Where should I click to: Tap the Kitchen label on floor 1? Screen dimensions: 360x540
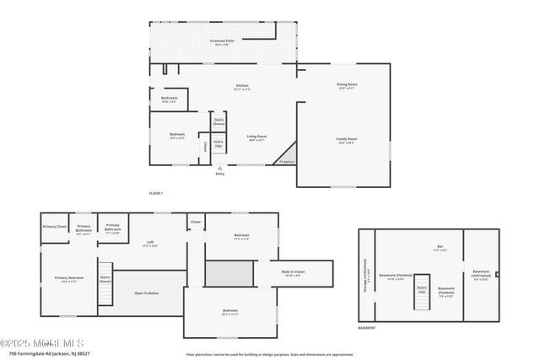[242, 87]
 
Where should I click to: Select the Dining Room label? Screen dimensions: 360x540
[347, 85]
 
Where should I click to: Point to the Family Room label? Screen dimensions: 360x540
[347, 140]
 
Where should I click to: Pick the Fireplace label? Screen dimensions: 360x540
[288, 161]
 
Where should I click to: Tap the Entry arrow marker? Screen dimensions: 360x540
[220, 169]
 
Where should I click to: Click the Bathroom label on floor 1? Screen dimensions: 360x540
[169, 99]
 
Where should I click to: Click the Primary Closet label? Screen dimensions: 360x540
[55, 227]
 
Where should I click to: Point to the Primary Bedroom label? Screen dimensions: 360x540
[69, 279]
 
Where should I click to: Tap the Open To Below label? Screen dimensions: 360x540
[147, 293]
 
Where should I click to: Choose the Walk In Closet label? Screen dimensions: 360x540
[294, 273]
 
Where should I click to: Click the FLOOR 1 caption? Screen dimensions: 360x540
[155, 193]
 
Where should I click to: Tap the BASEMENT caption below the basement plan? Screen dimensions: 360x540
[366, 328]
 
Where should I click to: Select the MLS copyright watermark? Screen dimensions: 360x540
[42, 343]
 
